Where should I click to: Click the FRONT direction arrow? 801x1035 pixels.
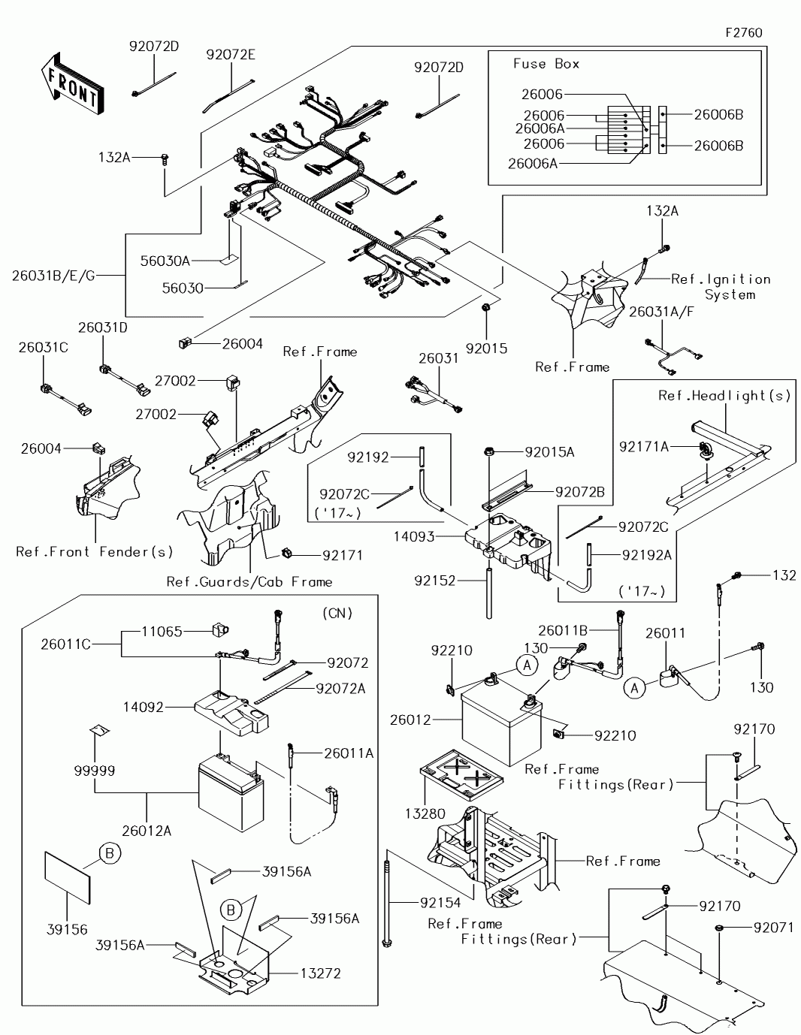[72, 84]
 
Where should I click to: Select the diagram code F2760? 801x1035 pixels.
[744, 33]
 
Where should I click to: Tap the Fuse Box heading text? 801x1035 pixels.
[546, 64]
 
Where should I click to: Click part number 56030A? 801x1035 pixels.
[165, 261]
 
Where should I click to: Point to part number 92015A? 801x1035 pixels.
[549, 452]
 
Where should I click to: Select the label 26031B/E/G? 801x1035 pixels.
[53, 276]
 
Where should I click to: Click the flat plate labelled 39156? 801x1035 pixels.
[67, 878]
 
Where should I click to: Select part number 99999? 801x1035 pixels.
[95, 770]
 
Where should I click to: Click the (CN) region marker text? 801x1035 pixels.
[337, 613]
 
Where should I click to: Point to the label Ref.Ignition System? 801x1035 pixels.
[721, 287]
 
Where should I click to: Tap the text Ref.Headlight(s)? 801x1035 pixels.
[725, 395]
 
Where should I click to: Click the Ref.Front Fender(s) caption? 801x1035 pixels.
[95, 551]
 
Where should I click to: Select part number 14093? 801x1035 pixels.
[414, 537]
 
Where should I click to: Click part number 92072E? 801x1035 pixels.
[231, 55]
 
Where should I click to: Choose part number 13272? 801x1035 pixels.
[320, 973]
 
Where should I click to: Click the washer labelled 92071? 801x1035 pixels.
[721, 928]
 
